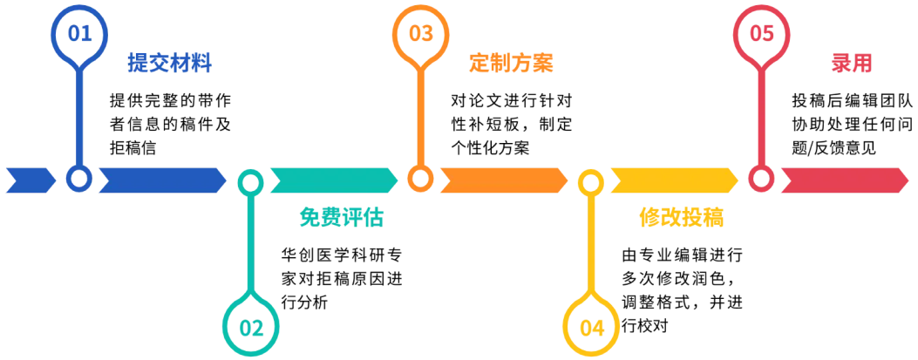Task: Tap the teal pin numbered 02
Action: click(250, 326)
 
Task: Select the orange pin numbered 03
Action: click(421, 34)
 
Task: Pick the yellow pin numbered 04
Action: click(591, 326)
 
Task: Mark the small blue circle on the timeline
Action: click(80, 180)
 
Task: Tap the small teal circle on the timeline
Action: click(251, 181)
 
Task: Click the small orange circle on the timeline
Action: click(421, 180)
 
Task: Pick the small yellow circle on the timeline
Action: click(591, 181)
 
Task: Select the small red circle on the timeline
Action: click(762, 180)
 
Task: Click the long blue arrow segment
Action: click(159, 180)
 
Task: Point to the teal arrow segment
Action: click(332, 180)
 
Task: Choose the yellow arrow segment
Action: click(671, 180)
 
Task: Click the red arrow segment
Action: click(842, 180)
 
